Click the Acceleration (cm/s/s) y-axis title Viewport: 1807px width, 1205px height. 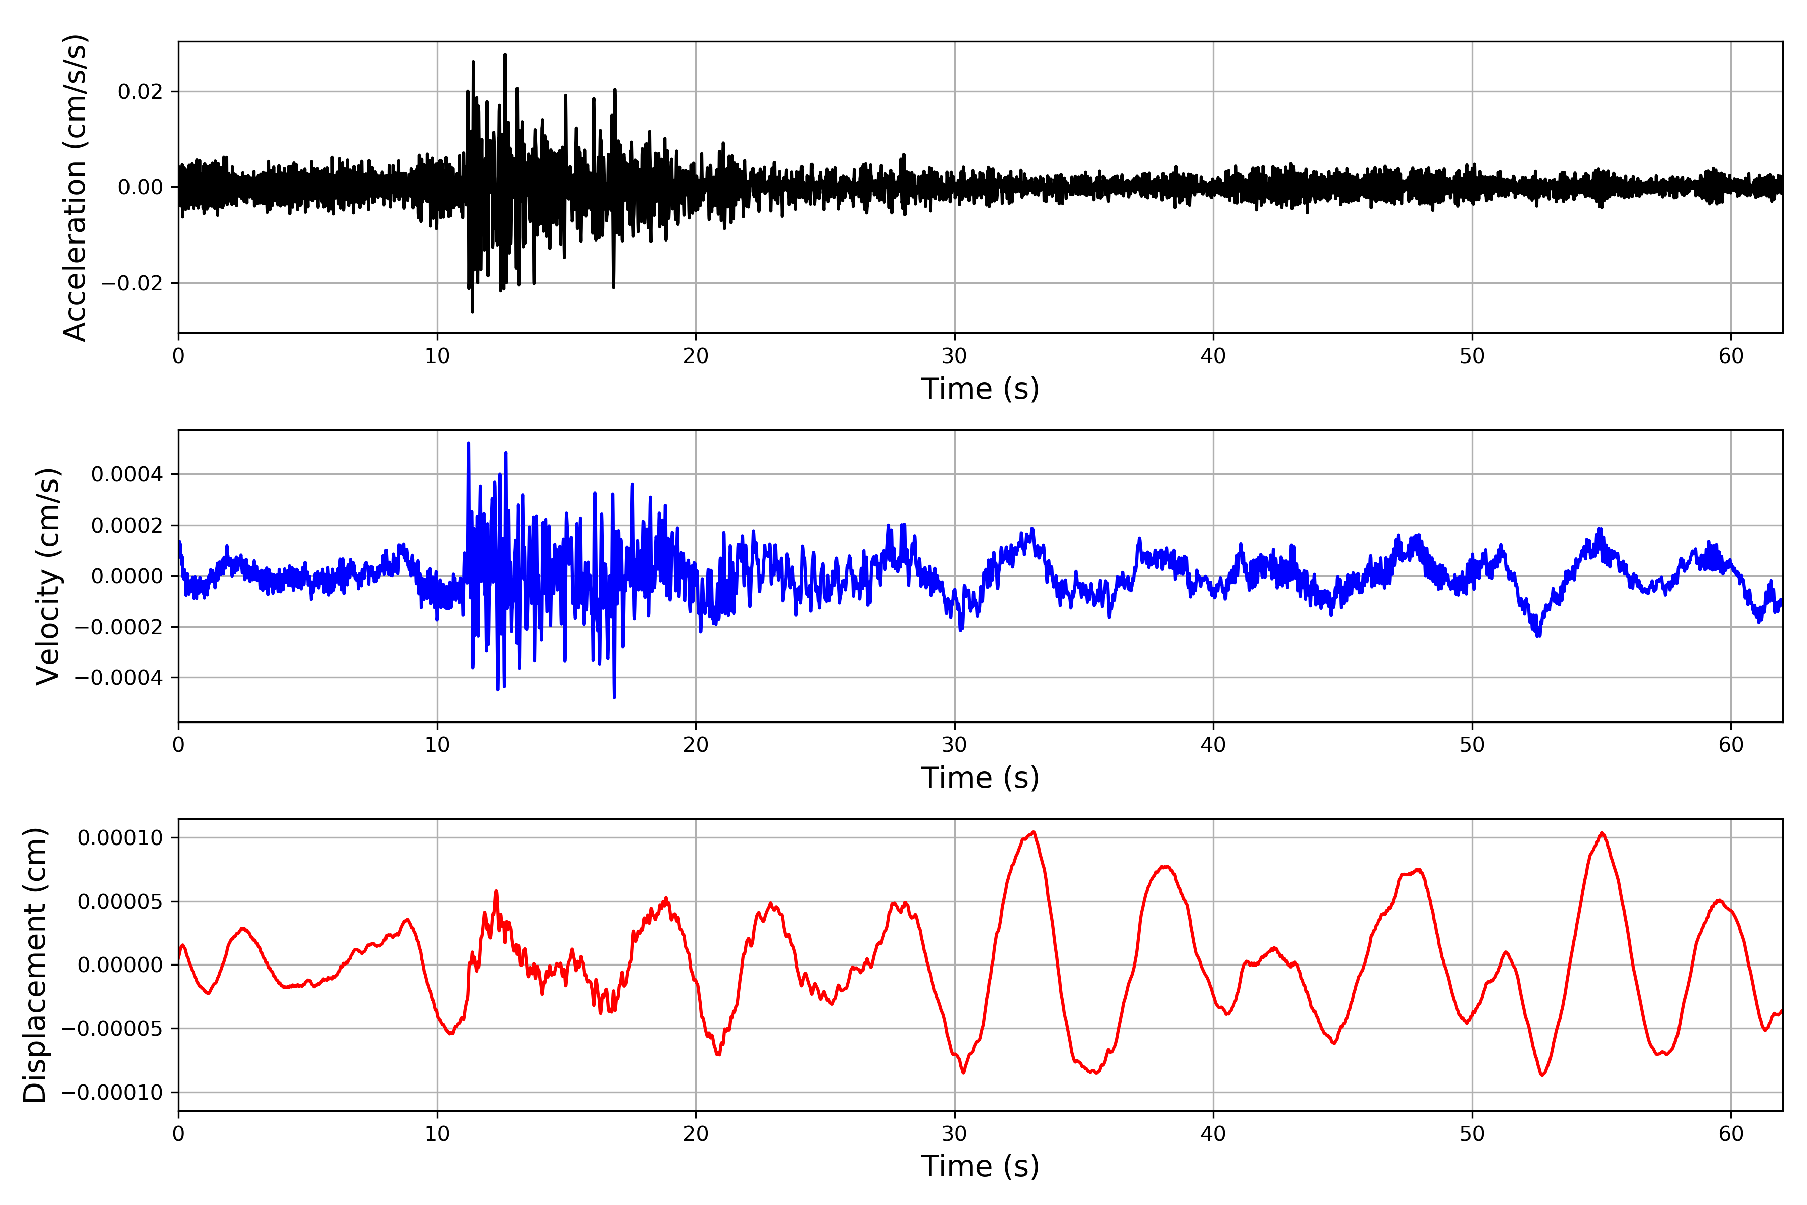pos(75,187)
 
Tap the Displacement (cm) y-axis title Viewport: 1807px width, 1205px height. pos(35,965)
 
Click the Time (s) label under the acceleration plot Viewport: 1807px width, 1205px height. pos(980,389)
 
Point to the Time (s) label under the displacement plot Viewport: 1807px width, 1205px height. pos(980,1166)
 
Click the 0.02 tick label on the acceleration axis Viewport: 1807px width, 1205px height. pos(141,92)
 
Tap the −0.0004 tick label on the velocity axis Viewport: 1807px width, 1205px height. pos(119,678)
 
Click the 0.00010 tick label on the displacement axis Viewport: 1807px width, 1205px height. pos(120,837)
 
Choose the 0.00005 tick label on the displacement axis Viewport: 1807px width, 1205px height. pos(120,901)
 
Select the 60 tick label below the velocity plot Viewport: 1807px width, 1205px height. pos(1731,745)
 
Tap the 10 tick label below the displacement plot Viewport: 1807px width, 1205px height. pos(437,1134)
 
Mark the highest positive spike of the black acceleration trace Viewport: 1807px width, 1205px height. pos(505,55)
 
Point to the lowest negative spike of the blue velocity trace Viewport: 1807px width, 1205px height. pos(614,697)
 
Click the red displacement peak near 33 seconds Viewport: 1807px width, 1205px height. pos(1034,832)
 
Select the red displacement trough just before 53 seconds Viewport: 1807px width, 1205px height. pos(1542,1075)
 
